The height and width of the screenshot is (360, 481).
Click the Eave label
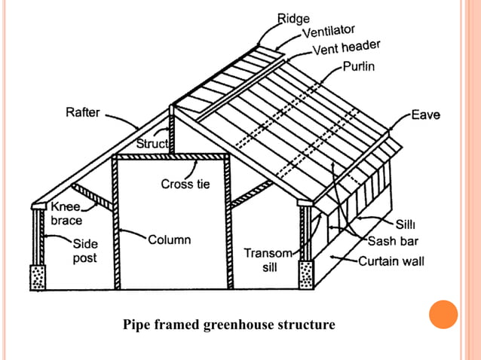click(425, 115)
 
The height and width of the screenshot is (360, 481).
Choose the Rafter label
click(81, 113)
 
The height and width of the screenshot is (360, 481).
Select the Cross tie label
click(185, 184)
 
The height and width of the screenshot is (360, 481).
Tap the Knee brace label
click(66, 213)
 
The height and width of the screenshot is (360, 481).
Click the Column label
click(169, 240)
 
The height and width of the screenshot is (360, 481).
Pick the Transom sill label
click(262, 260)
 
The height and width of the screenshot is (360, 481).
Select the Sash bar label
click(393, 242)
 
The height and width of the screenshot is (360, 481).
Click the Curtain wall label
click(391, 261)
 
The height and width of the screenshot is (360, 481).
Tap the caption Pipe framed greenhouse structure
click(228, 325)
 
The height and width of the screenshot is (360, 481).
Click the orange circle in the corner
click(443, 315)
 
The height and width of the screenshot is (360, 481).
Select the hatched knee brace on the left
click(95, 197)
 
